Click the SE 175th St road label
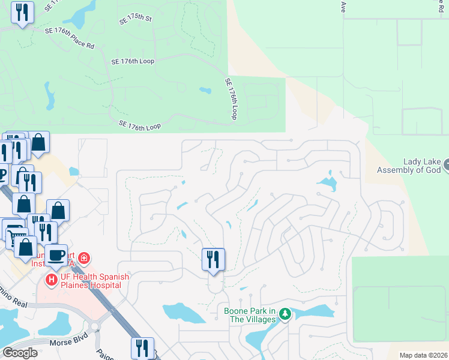click(136, 19)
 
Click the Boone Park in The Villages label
click(250, 315)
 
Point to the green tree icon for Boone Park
click(286, 314)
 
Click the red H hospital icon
click(52, 279)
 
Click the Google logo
click(20, 352)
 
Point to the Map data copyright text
click(423, 355)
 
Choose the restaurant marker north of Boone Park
click(213, 259)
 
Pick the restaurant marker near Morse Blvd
click(142, 348)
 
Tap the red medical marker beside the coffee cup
click(85, 259)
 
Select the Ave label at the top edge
click(344, 7)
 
